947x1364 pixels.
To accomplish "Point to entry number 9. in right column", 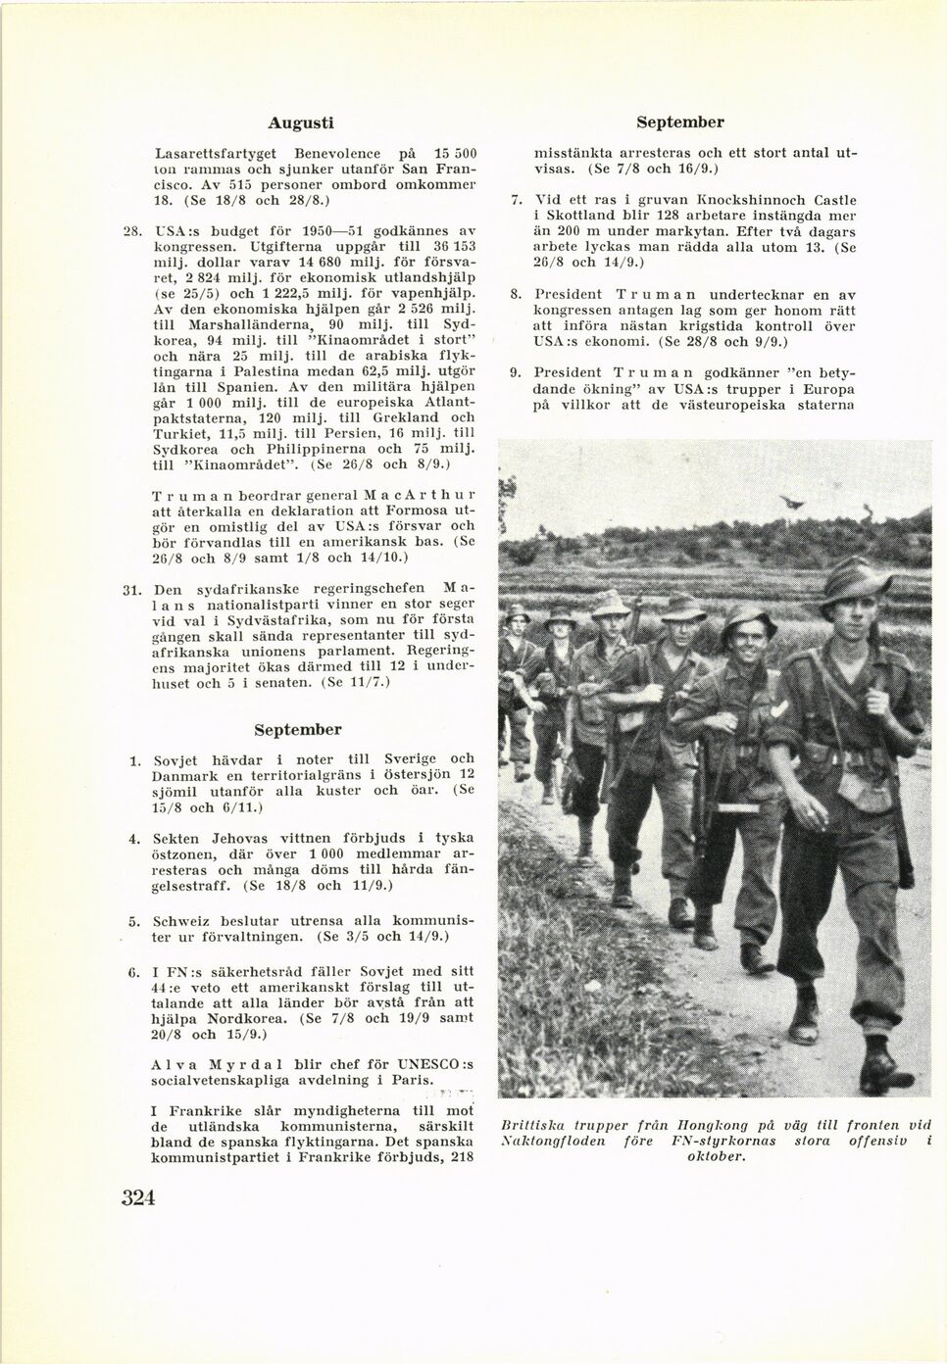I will coord(515,373).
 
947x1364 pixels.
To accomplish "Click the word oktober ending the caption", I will coord(716,1156).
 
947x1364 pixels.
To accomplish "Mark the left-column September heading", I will coord(298,730).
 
